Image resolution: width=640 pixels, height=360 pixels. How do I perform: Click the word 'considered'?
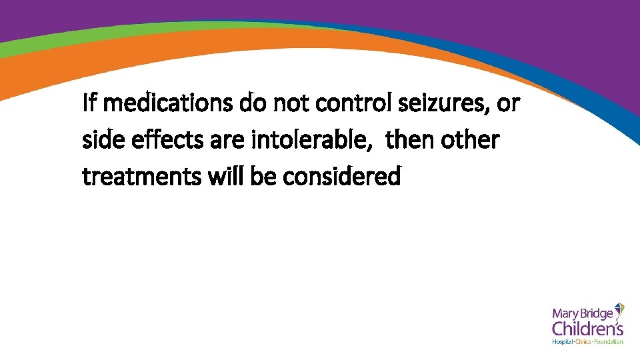[342, 177]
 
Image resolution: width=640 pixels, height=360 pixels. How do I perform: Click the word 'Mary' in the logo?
[565, 312]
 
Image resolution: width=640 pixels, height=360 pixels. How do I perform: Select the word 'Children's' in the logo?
[587, 329]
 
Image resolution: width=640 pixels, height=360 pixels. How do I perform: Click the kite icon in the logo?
[619, 309]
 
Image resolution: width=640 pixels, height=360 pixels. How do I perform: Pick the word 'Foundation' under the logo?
[609, 342]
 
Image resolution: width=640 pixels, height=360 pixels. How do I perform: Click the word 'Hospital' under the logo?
[563, 342]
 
